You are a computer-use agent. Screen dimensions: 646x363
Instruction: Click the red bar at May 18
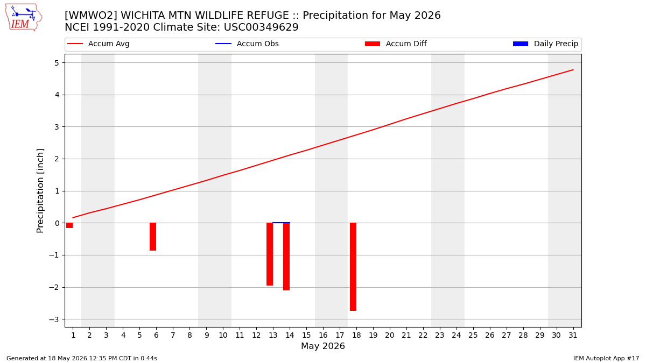click(353, 267)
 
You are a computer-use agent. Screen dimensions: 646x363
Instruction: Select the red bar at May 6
click(153, 237)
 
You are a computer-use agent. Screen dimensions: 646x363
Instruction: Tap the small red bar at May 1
click(69, 225)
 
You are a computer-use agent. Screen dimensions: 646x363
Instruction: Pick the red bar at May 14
click(286, 257)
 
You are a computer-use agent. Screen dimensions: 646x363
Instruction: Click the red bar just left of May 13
click(270, 254)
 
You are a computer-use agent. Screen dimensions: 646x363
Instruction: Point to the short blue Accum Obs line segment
click(281, 223)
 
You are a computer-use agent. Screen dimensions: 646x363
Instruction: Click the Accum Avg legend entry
click(99, 44)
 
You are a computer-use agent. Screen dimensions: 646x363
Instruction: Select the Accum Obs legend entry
click(247, 44)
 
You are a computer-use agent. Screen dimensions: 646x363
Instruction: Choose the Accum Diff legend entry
click(396, 44)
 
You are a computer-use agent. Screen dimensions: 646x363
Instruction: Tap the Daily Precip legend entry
click(545, 44)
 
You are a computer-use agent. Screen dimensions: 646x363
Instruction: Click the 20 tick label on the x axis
click(390, 335)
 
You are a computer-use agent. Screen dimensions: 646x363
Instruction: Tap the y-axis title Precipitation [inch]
click(40, 191)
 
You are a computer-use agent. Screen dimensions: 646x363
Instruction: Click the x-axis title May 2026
click(322, 346)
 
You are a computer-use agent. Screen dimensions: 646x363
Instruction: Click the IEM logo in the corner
click(23, 18)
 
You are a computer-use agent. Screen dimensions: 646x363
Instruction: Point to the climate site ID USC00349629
click(261, 27)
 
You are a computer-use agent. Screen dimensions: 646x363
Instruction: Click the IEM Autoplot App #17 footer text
click(606, 358)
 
